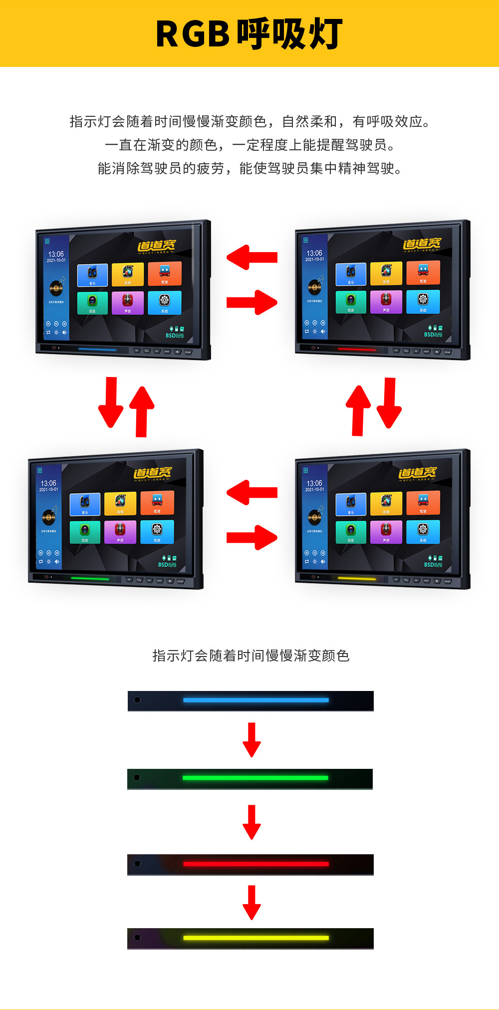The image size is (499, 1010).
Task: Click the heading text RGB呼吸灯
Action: pos(249,34)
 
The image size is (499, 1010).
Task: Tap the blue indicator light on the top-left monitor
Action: pos(97,349)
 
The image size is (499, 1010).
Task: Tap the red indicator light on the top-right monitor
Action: pos(356,349)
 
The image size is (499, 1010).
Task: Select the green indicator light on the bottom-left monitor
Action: pos(90,579)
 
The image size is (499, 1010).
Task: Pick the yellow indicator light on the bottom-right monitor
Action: pos(356,579)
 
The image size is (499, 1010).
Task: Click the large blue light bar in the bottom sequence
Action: pos(255,700)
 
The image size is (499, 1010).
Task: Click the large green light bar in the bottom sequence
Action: pos(255,778)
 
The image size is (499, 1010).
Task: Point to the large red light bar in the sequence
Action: pos(255,864)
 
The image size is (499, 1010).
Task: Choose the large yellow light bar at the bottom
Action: pos(255,938)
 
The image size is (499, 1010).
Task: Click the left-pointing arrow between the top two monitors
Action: pos(251,257)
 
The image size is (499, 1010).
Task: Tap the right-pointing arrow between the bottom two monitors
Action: pos(252,537)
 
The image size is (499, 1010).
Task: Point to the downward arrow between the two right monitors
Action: pos(389,402)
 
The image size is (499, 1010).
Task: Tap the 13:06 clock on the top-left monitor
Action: pos(56,254)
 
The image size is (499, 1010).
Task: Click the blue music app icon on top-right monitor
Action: pos(351,274)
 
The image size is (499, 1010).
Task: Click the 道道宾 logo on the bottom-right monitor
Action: pos(417,472)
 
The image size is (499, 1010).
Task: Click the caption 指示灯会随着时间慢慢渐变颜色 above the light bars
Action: pos(250,656)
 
